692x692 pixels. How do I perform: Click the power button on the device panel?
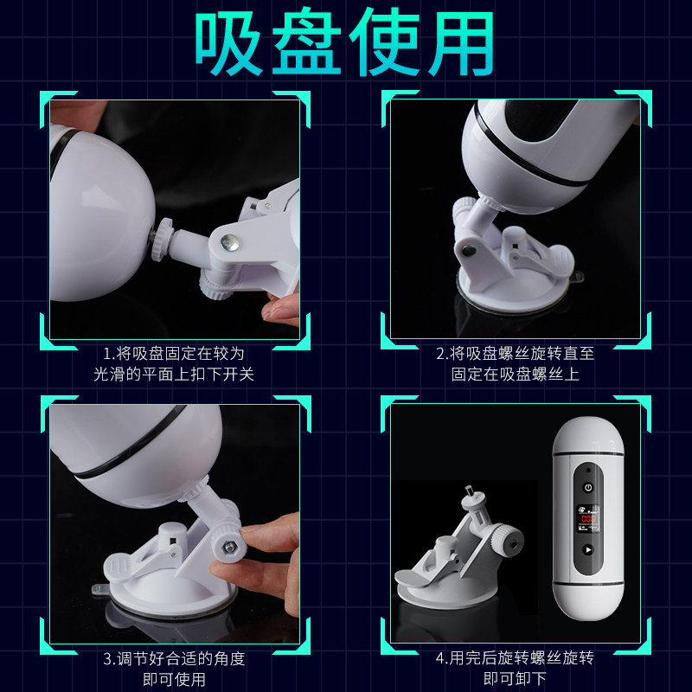[x=588, y=488]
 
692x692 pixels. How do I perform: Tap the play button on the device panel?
[x=588, y=550]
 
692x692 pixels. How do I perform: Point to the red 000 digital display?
[x=588, y=518]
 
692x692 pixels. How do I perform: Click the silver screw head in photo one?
[x=229, y=242]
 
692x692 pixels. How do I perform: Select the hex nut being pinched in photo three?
[x=229, y=548]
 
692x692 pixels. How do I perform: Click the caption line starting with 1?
[x=174, y=354]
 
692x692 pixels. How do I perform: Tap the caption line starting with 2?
[x=515, y=354]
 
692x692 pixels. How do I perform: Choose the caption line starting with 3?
[x=174, y=659]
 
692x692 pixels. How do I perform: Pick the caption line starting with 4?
[x=515, y=658]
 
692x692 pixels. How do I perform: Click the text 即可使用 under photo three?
[x=175, y=679]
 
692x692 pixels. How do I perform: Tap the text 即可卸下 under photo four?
[x=515, y=678]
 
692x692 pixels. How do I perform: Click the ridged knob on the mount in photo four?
[x=508, y=540]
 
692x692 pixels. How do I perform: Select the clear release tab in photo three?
[x=99, y=589]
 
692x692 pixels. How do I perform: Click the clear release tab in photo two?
[x=577, y=277]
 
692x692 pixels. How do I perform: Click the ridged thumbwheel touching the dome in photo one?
[x=162, y=239]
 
